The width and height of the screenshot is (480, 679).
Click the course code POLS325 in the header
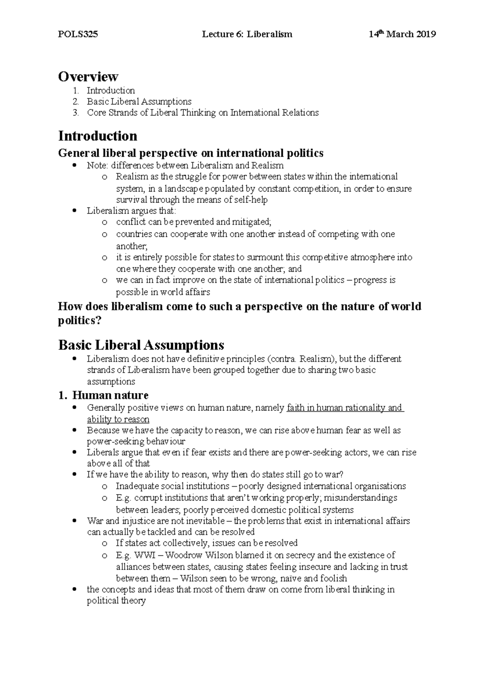78,34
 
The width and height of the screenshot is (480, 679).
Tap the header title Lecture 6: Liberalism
247,34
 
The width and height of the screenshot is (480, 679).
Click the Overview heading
88,76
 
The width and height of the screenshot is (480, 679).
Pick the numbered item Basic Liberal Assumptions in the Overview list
139,102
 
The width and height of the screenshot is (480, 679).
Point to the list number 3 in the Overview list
75,113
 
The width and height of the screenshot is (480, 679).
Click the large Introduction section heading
98,136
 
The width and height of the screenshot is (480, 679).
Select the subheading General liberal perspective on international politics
191,153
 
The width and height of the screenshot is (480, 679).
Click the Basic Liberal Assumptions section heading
141,345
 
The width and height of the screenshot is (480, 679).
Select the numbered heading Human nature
110,395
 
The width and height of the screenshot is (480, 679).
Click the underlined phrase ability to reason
118,419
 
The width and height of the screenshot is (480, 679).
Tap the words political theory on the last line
116,601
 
